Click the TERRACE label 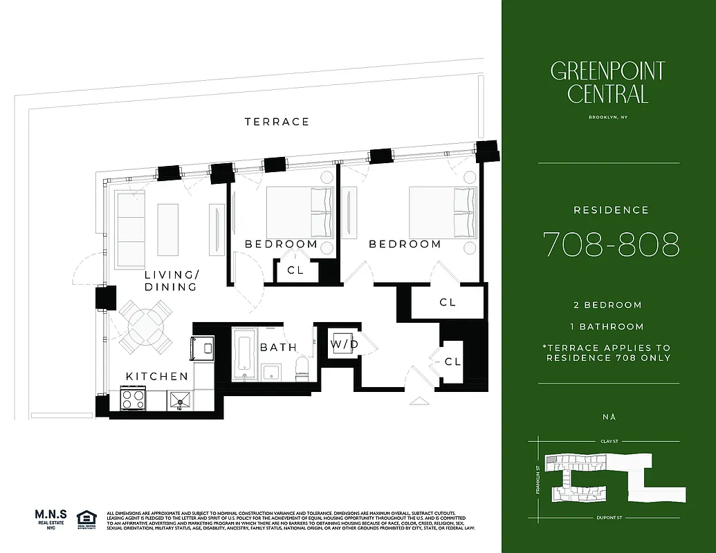pos(277,122)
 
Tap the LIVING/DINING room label pos(171,281)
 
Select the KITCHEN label pos(156,377)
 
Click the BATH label pos(278,348)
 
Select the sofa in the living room pos(129,227)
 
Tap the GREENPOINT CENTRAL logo pos(607,82)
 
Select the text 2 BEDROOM pos(607,305)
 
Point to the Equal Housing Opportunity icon pos(86,519)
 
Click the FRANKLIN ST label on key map pos(538,477)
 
